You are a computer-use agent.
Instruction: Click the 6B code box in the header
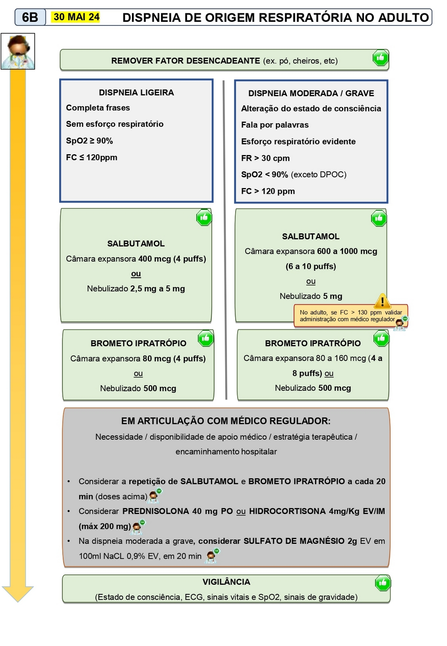tap(30, 17)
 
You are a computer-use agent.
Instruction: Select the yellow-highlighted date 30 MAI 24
tap(76, 17)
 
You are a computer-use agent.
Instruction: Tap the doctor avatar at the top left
tap(18, 51)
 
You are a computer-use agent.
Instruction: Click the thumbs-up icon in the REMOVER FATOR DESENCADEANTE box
tap(380, 58)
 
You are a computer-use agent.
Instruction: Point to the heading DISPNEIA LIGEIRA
tap(136, 92)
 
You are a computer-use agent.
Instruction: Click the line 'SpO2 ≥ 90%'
tap(90, 141)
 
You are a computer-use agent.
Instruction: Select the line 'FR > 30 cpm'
tap(265, 158)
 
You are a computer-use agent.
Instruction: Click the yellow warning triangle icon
tap(382, 301)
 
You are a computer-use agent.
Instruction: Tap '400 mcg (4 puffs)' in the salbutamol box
tap(172, 259)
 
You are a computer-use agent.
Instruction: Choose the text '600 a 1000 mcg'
tap(347, 251)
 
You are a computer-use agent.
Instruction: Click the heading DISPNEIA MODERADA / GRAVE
tap(311, 93)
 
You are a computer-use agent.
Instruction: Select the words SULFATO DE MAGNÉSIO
tap(294, 541)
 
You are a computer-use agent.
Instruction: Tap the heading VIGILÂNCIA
tap(226, 582)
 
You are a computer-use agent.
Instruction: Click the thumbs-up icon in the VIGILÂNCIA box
tap(382, 583)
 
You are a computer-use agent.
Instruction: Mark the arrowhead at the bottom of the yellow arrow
tap(18, 594)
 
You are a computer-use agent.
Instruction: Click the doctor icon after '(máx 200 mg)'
tap(138, 526)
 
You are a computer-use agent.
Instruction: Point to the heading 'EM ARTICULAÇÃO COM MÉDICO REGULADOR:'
tap(226, 421)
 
